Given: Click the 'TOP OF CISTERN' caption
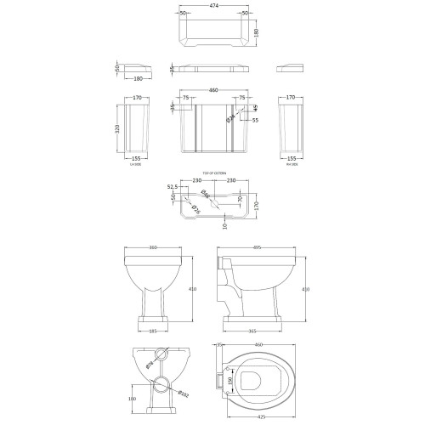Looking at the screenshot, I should pos(212,173).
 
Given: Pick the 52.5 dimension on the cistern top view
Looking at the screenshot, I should pos(171,188).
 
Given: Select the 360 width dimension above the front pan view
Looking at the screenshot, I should pos(154,248).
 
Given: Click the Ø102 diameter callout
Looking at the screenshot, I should pos(183,392).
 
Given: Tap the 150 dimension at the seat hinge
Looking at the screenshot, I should pos(230,379).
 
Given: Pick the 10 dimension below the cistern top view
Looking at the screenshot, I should pos(201,224).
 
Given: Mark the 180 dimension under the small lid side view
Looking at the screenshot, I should pos(138,82).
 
